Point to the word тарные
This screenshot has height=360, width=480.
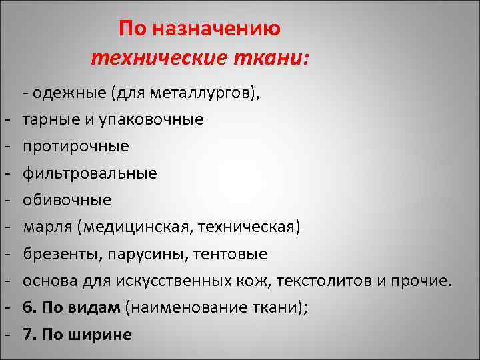coord(49,119)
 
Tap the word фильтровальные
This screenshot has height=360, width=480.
coord(90,173)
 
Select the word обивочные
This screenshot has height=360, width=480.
coord(67,200)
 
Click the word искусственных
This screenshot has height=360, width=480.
coord(175,281)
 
